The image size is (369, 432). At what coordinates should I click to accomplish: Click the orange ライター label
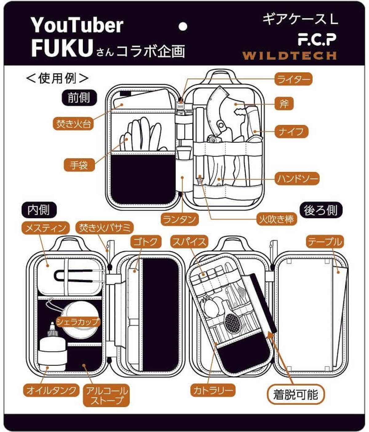tap(293, 79)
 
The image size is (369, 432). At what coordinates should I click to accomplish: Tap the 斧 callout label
tap(284, 104)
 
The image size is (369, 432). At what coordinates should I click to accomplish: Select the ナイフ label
tap(291, 132)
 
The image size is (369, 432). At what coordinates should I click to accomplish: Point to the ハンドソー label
tap(297, 179)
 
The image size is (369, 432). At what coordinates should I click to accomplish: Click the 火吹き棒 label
tap(276, 219)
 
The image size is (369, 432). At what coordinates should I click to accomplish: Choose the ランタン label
tap(180, 219)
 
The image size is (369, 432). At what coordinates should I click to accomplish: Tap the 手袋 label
tap(79, 165)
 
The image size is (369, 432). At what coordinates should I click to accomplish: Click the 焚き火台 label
tap(73, 124)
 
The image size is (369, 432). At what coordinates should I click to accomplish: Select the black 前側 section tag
tap(79, 98)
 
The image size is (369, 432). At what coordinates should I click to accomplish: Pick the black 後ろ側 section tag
tap(321, 211)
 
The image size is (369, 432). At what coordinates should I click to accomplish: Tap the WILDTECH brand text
tap(289, 56)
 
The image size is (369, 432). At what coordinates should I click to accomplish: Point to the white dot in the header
tap(183, 27)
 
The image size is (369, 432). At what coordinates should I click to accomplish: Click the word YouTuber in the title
tap(77, 25)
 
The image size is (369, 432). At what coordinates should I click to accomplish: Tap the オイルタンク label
tap(51, 391)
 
